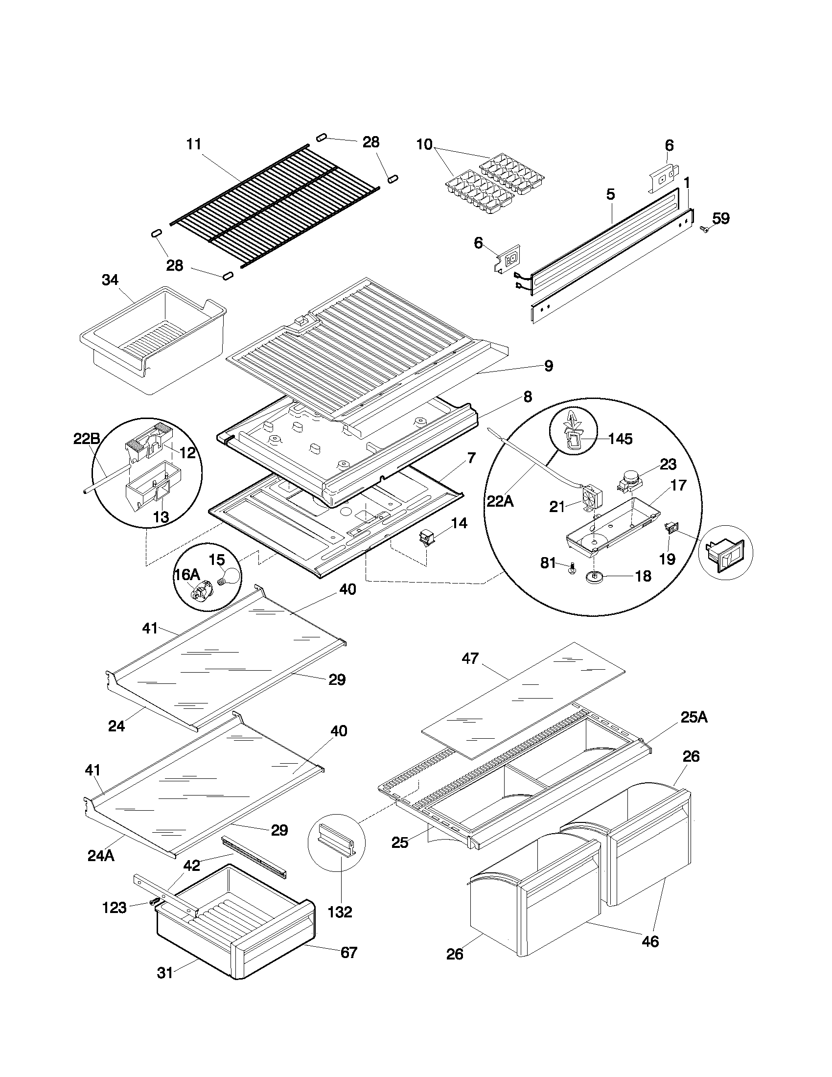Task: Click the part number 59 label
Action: tap(721, 218)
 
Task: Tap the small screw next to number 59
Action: tap(704, 229)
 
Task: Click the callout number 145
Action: tap(620, 439)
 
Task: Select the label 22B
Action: tap(87, 439)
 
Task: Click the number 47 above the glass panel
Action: tap(470, 658)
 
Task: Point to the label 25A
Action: tap(693, 718)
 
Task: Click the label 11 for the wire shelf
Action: tap(194, 144)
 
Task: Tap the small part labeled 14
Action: tap(425, 537)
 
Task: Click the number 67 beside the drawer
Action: tap(348, 952)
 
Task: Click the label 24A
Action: tap(100, 856)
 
